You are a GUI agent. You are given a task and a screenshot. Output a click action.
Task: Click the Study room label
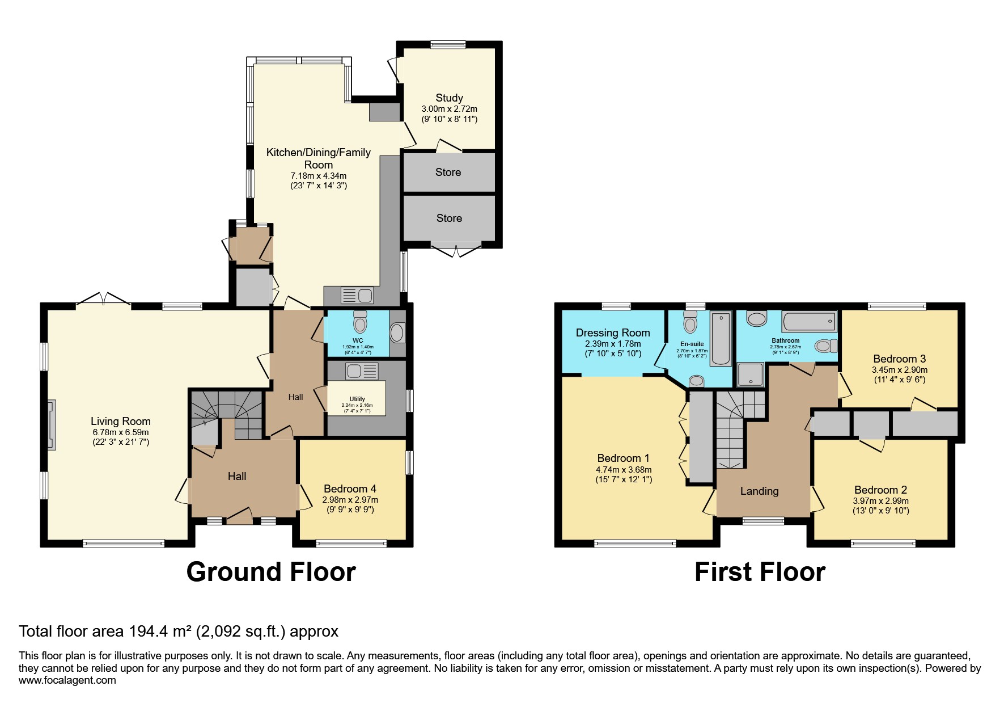click(x=449, y=98)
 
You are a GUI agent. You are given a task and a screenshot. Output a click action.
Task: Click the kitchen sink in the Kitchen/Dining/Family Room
click(x=357, y=296)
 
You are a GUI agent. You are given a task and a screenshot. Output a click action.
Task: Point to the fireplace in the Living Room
click(x=52, y=425)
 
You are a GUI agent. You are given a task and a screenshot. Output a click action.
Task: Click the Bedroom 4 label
click(x=350, y=489)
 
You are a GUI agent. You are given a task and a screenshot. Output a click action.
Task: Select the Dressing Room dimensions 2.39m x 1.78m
click(x=613, y=344)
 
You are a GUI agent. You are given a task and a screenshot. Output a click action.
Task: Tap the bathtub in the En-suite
click(x=721, y=339)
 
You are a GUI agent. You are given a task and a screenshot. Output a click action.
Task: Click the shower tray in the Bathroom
click(x=750, y=375)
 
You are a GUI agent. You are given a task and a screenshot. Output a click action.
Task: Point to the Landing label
click(x=759, y=491)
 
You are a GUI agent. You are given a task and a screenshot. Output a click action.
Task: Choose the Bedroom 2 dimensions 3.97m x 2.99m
click(x=880, y=501)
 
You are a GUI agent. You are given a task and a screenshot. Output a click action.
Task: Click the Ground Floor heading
click(x=271, y=572)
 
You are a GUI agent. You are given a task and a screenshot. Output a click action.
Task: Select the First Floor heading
click(x=760, y=572)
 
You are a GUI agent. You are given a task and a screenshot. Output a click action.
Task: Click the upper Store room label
click(x=448, y=172)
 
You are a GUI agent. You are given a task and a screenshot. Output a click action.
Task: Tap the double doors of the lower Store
click(x=456, y=250)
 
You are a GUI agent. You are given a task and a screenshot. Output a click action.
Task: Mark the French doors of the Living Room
click(x=103, y=299)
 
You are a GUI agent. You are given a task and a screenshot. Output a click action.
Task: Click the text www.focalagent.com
click(x=67, y=680)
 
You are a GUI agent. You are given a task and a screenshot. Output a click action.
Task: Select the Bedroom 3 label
click(x=899, y=359)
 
